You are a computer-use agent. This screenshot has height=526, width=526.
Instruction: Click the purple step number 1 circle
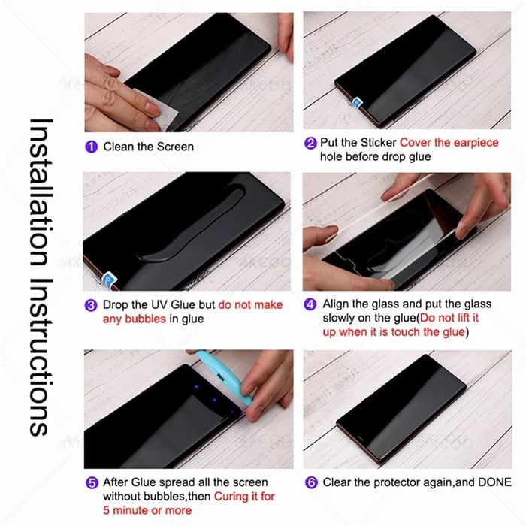[91, 147]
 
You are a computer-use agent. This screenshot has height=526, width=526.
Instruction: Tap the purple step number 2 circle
[310, 143]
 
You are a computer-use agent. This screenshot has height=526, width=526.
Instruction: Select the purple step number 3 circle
[91, 305]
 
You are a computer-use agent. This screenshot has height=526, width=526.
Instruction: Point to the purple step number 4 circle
[310, 304]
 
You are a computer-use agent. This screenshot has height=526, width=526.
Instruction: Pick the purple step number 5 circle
[91, 482]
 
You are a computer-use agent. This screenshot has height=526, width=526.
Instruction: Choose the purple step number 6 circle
[310, 482]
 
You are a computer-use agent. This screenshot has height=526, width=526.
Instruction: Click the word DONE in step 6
[493, 482]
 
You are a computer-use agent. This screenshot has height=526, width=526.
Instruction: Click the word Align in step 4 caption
[337, 304]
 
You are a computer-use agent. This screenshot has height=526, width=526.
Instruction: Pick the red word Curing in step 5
[234, 496]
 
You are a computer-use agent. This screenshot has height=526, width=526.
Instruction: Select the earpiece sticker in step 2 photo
[358, 101]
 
